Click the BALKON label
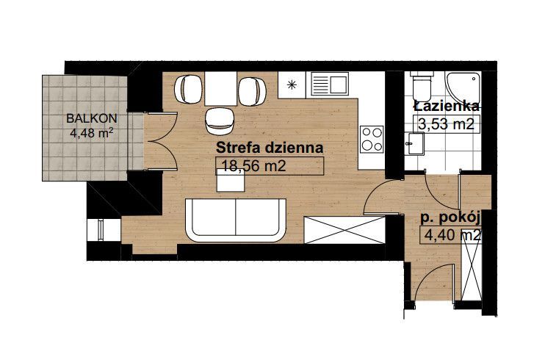tap(92, 118)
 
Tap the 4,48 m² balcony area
tap(92, 132)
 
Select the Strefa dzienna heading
tap(270, 148)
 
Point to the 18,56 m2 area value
tap(253, 166)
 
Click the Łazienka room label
tap(446, 107)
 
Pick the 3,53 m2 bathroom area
tap(446, 124)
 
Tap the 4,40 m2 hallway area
tap(453, 235)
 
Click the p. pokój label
tap(450, 218)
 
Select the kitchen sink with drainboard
tap(330, 84)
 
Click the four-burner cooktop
tap(372, 139)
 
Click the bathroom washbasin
tap(414, 144)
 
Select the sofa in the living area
tap(236, 220)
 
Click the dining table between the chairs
tap(220, 89)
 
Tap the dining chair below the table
tap(220, 121)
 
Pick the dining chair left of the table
tap(188, 89)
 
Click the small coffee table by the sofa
tap(231, 181)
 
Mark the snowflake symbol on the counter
tap(292, 84)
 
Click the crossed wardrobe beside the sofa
tap(344, 230)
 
